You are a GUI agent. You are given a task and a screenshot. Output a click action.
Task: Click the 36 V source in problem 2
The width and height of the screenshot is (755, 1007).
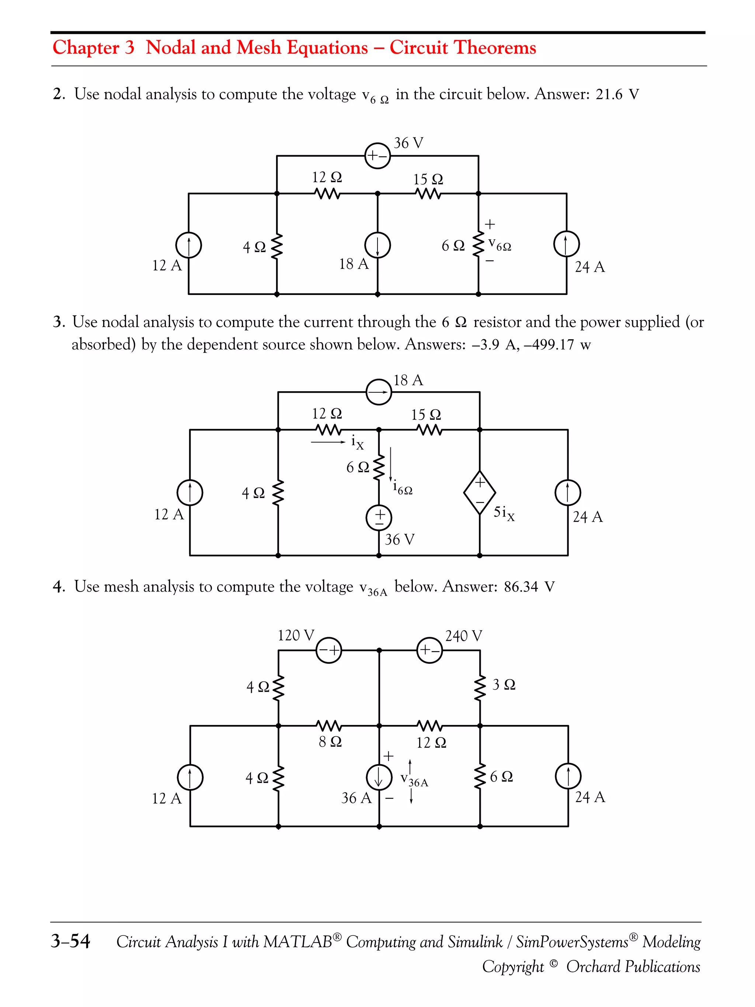click(378, 156)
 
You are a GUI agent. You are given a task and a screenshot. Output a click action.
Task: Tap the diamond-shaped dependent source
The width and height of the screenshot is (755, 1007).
click(480, 492)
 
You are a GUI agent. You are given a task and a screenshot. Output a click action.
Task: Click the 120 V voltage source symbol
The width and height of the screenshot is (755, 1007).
click(328, 650)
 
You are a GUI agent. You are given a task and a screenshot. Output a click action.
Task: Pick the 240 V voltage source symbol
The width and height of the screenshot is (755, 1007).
click(429, 650)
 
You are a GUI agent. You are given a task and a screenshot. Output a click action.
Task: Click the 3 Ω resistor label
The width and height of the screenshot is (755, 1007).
click(504, 684)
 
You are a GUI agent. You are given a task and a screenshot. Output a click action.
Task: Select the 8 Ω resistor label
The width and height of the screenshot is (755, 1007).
click(330, 742)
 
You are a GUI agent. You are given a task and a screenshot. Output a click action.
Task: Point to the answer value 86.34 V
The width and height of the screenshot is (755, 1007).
click(529, 586)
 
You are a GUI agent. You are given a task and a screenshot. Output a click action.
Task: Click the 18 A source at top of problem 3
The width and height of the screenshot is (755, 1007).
click(379, 392)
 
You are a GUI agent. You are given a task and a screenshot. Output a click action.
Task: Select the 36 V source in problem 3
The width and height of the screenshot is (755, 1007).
click(379, 518)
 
